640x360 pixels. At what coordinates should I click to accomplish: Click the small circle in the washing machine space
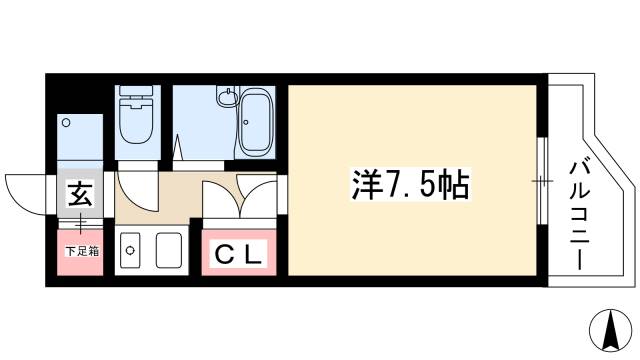(67, 123)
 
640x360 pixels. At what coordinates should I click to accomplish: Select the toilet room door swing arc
(135, 190)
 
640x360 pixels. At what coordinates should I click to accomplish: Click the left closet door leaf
(222, 198)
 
